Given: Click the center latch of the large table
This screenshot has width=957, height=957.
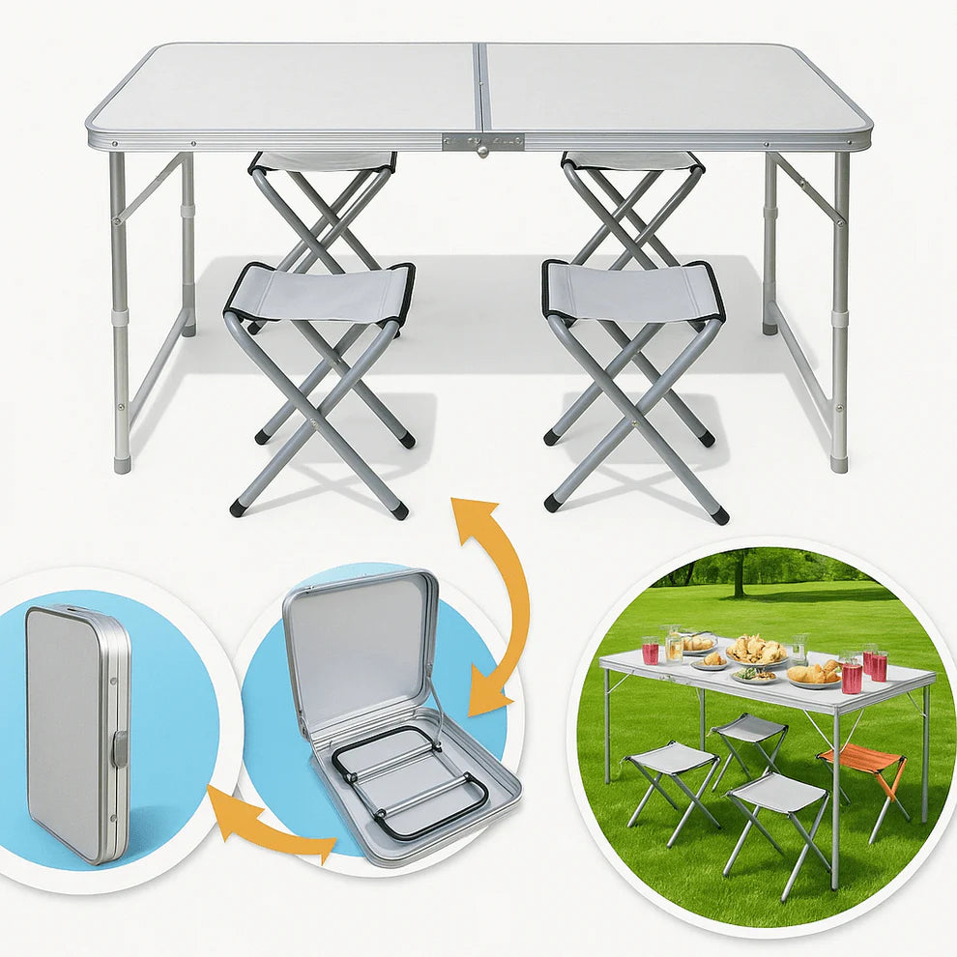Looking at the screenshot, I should tap(482, 142).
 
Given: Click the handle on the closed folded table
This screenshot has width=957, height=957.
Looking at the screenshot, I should tap(119, 749).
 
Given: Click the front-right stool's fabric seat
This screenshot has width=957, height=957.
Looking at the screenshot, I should tap(633, 292).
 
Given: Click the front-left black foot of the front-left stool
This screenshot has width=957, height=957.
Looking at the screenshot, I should tap(237, 507).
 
